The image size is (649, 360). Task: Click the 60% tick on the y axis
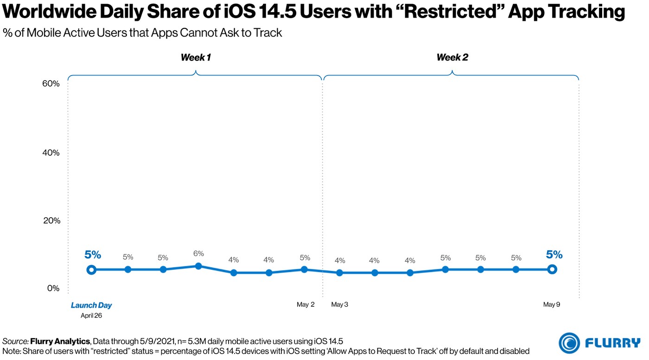51,84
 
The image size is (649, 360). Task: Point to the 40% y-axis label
51,153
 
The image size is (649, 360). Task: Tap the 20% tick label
51,221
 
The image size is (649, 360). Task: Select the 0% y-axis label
53,288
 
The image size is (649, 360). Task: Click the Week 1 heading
195,58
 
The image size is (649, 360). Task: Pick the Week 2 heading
452,58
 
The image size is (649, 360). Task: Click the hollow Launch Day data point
92,270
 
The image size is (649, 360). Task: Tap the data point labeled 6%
198,266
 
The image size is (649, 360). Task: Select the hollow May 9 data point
552,269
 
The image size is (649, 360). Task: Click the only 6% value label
198,254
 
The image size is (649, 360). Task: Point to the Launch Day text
91,305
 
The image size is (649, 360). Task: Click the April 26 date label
91,316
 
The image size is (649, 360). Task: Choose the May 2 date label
305,305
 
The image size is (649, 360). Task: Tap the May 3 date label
340,305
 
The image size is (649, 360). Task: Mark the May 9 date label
552,305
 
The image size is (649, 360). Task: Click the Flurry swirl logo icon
569,343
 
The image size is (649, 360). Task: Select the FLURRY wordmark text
613,343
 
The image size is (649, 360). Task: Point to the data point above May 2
304,269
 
